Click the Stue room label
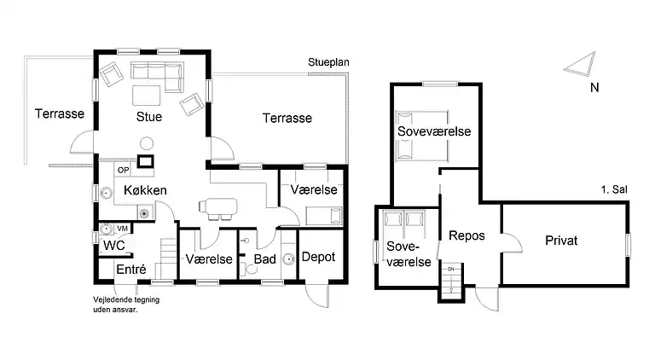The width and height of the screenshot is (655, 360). click(x=149, y=117)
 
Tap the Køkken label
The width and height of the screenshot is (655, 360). click(x=145, y=190)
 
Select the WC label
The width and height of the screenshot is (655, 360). click(x=113, y=245)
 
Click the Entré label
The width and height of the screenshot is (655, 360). click(x=131, y=270)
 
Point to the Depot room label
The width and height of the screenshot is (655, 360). click(x=318, y=257)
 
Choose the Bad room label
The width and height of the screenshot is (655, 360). click(x=265, y=259)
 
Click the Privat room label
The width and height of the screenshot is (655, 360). click(x=561, y=240)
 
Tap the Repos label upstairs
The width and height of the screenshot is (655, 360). click(x=467, y=236)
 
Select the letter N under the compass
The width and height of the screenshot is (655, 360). click(x=594, y=88)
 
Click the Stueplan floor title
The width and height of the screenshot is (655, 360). click(x=328, y=62)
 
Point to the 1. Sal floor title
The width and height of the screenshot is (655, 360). click(x=614, y=189)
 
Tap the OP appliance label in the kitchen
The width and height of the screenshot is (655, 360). click(x=123, y=170)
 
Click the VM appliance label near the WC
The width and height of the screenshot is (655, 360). click(x=122, y=229)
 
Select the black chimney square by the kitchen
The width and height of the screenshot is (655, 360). click(x=146, y=161)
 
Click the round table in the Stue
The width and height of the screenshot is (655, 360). click(x=147, y=143)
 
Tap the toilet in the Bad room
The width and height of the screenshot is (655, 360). click(x=251, y=268)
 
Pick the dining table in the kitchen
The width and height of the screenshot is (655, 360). click(x=218, y=206)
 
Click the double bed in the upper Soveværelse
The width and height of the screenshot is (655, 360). click(x=422, y=136)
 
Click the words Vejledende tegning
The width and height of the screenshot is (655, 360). click(x=126, y=300)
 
